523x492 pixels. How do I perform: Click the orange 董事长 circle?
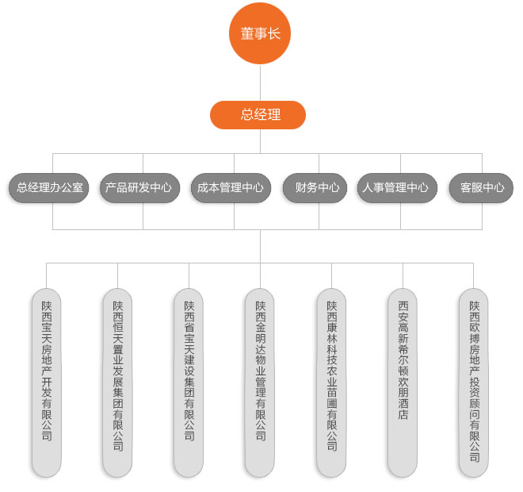coord(260,34)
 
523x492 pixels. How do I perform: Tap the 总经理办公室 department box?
coord(49,188)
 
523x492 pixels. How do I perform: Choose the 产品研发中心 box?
coord(139,188)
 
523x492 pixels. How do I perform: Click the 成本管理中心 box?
coord(231,188)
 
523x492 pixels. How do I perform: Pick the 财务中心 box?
coord(317,188)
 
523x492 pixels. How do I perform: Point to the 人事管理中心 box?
coord(395,188)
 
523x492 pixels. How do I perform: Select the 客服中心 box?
coord(481,188)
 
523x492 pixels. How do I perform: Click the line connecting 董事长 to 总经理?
coord(260,83)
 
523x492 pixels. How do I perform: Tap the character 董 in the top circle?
coord(246,34)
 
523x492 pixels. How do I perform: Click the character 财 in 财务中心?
coord(301,188)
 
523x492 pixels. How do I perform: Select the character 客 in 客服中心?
coord(465,188)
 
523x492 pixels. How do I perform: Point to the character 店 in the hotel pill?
coord(403,415)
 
